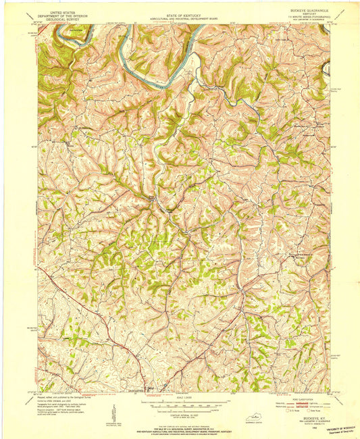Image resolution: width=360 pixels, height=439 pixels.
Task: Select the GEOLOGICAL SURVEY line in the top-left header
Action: coord(58,14)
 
